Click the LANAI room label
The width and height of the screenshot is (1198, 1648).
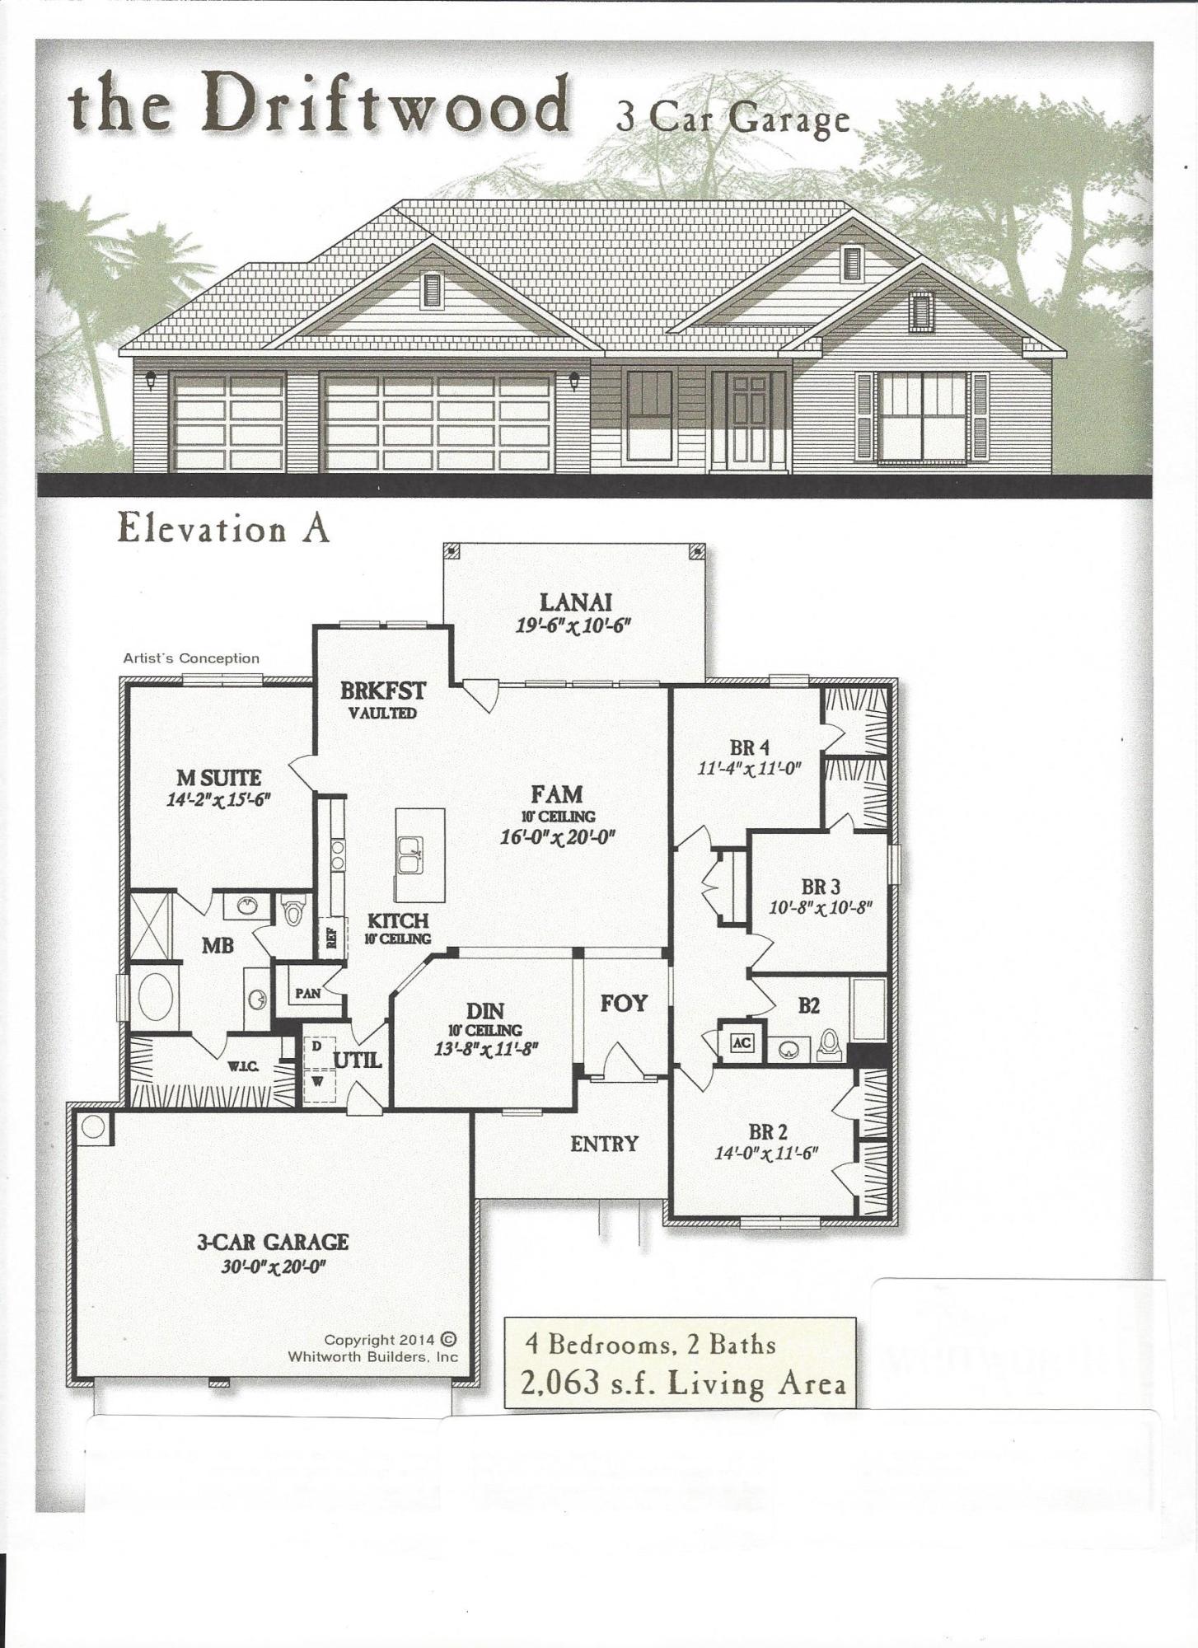point(575,602)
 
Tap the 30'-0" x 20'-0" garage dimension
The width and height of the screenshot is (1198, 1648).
point(273,1266)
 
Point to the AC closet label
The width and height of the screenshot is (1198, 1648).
point(742,1042)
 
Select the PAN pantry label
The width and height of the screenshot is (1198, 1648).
point(308,993)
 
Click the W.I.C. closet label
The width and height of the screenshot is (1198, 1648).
point(243,1067)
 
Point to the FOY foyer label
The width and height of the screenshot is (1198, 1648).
point(624,1003)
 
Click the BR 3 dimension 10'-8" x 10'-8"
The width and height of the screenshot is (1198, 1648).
point(820,906)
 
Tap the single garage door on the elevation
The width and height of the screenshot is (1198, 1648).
point(227,424)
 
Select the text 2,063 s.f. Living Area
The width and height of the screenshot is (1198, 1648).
point(682,1383)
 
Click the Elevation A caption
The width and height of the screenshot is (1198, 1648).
point(223,527)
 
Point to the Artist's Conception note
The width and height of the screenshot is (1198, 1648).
point(191,658)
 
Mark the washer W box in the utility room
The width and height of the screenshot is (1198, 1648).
point(316,1079)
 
